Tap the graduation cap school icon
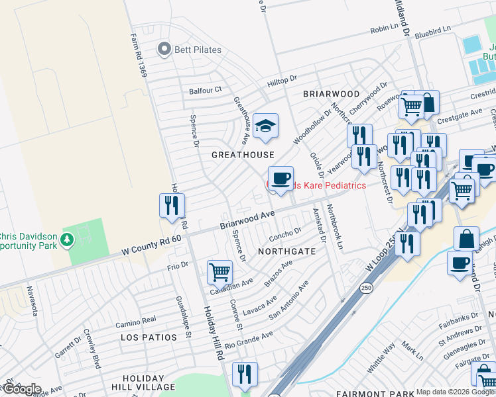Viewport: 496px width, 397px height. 265,126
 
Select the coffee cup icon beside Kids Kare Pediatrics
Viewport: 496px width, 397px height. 280,179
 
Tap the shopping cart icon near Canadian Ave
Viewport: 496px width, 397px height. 219,271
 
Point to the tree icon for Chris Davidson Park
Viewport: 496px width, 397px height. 67,239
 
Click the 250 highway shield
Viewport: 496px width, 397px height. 365,288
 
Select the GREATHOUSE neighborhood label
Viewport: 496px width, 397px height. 243,155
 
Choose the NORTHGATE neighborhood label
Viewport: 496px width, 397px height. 286,252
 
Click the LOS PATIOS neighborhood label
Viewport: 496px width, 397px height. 149,337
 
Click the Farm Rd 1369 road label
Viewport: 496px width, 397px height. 139,56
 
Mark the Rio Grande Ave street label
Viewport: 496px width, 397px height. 249,340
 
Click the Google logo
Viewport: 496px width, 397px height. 21,389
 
